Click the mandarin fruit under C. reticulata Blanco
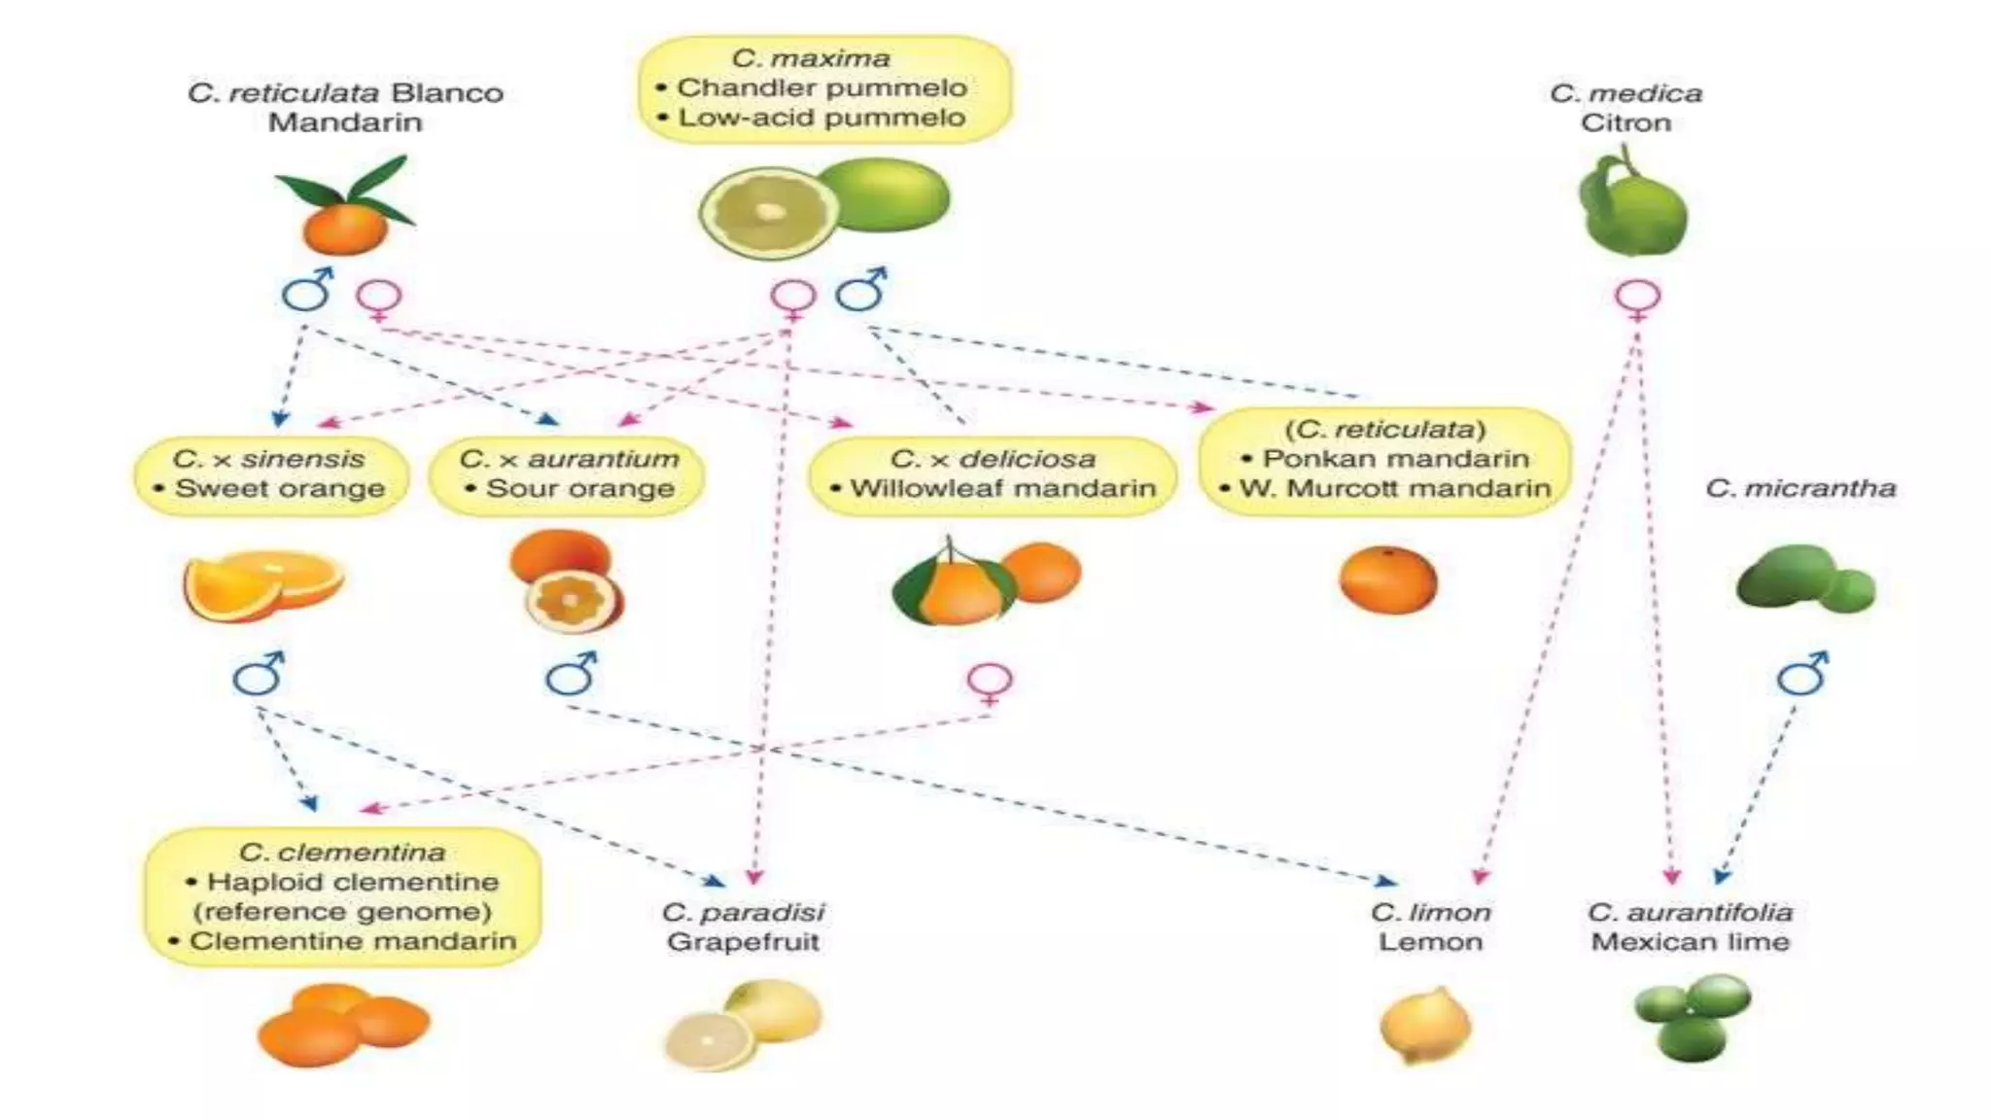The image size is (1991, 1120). [x=344, y=226]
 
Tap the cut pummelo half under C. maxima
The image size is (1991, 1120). [x=768, y=212]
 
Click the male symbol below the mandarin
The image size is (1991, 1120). [x=307, y=290]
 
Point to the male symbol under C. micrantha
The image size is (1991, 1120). [x=1801, y=674]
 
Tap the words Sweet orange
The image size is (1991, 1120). [x=280, y=488]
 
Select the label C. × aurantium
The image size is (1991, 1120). [x=569, y=458]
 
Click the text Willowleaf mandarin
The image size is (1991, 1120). [x=1002, y=488]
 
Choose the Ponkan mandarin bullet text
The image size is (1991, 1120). [x=1395, y=458]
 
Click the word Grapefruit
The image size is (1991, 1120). [x=743, y=941]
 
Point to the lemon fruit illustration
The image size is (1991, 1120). [x=1426, y=1025]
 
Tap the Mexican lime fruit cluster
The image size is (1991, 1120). [x=1693, y=1017]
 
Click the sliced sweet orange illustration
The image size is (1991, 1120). [x=262, y=584]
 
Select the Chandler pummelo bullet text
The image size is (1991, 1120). [x=821, y=87]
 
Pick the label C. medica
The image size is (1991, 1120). [x=1625, y=93]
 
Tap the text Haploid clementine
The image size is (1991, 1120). [x=353, y=882]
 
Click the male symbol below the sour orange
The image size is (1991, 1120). [x=571, y=674]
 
